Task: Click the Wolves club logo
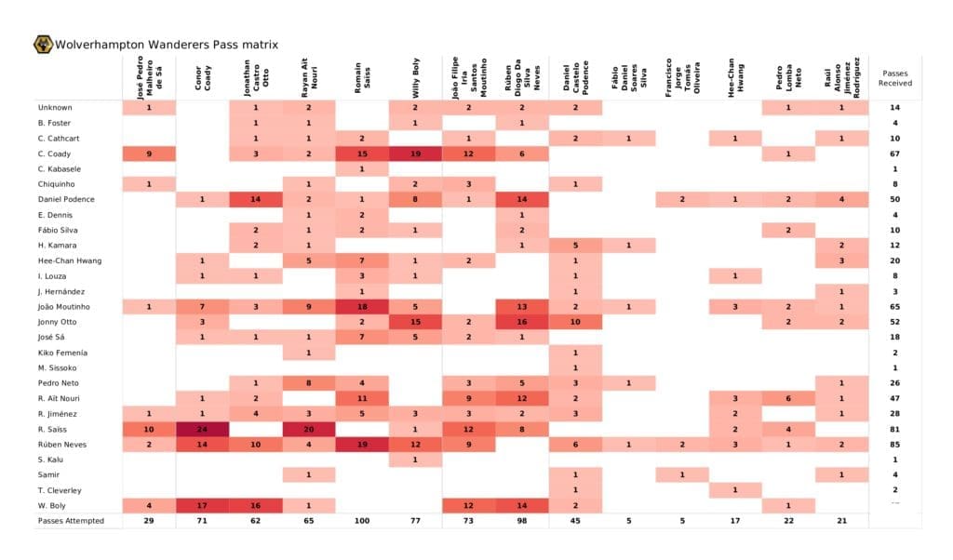click(43, 44)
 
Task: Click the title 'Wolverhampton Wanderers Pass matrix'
click(166, 45)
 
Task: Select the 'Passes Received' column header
click(894, 78)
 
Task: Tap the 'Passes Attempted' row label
click(71, 520)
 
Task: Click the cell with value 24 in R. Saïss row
click(202, 428)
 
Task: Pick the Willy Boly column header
click(415, 78)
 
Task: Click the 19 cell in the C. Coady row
click(415, 153)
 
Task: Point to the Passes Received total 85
click(894, 444)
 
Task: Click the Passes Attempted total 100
click(362, 520)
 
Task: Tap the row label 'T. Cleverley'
click(60, 489)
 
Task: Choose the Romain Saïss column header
click(362, 78)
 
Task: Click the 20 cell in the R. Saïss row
click(308, 428)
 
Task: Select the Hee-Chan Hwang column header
click(735, 78)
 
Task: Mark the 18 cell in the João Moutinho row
click(362, 306)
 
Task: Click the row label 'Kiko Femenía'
click(63, 352)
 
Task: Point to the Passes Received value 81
click(894, 428)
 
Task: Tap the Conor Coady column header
click(202, 78)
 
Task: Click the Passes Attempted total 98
click(522, 520)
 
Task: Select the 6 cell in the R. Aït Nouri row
click(788, 397)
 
